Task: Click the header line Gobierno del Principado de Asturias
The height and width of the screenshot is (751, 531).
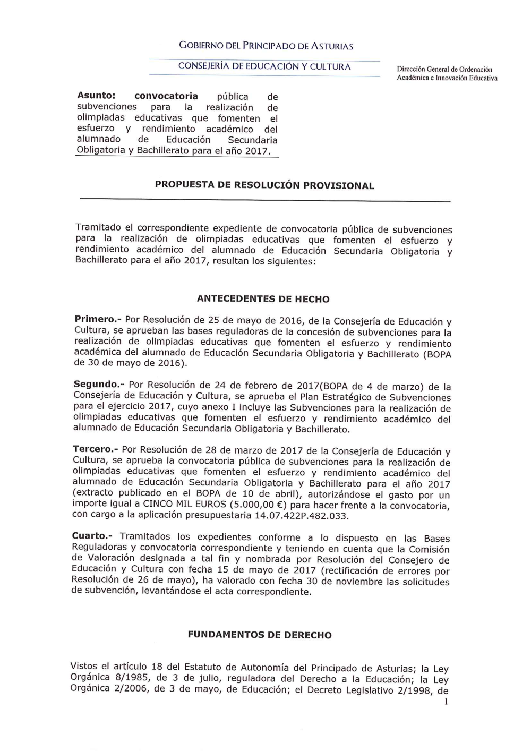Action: point(266,46)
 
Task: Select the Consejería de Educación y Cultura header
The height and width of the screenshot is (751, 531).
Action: point(264,67)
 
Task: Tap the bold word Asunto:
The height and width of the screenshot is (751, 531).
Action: point(96,96)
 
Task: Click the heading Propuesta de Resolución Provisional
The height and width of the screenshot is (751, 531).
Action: point(264,185)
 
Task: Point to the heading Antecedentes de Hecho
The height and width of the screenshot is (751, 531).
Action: point(263,299)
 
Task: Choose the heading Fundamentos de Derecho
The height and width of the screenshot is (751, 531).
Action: point(260,635)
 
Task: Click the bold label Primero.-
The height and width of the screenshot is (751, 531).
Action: point(98,320)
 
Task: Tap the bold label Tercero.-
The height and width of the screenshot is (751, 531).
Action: point(95,450)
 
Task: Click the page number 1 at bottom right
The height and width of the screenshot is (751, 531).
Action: point(446,702)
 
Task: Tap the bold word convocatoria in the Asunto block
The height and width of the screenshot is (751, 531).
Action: point(166,96)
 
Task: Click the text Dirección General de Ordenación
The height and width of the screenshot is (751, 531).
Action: point(444,70)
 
